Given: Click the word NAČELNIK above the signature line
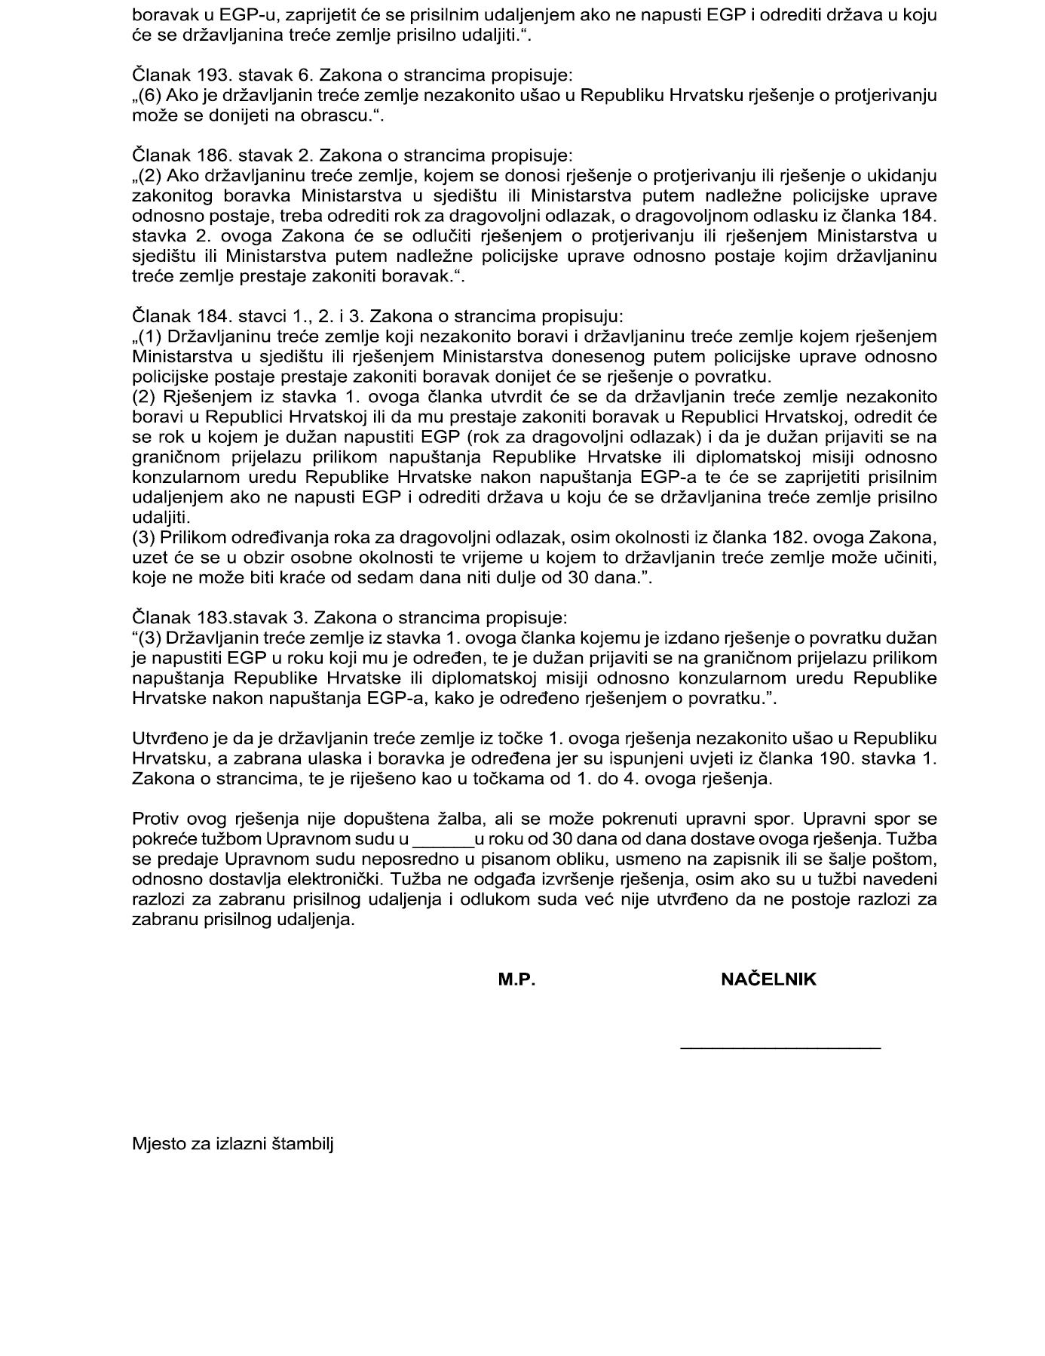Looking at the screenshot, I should coord(768,979).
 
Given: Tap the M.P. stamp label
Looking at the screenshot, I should coord(516,979).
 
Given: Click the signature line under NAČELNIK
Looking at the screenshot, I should coord(780,1047).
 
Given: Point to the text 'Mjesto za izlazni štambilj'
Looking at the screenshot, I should coord(233,1143).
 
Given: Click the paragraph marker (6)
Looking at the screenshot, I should coord(150,96).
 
